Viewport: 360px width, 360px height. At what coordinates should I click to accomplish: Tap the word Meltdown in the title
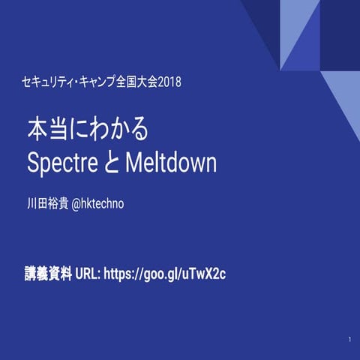coord(171,163)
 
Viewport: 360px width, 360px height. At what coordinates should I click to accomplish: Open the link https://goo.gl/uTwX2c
coord(165,273)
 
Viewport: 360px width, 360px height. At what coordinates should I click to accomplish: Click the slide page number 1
coord(349,341)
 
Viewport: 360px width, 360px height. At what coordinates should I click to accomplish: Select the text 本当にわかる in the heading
coord(88,129)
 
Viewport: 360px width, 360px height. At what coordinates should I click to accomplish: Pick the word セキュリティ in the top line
coord(50,80)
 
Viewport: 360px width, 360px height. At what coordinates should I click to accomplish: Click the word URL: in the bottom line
coord(88,273)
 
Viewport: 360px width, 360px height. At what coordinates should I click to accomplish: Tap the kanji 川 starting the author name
coord(31,203)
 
